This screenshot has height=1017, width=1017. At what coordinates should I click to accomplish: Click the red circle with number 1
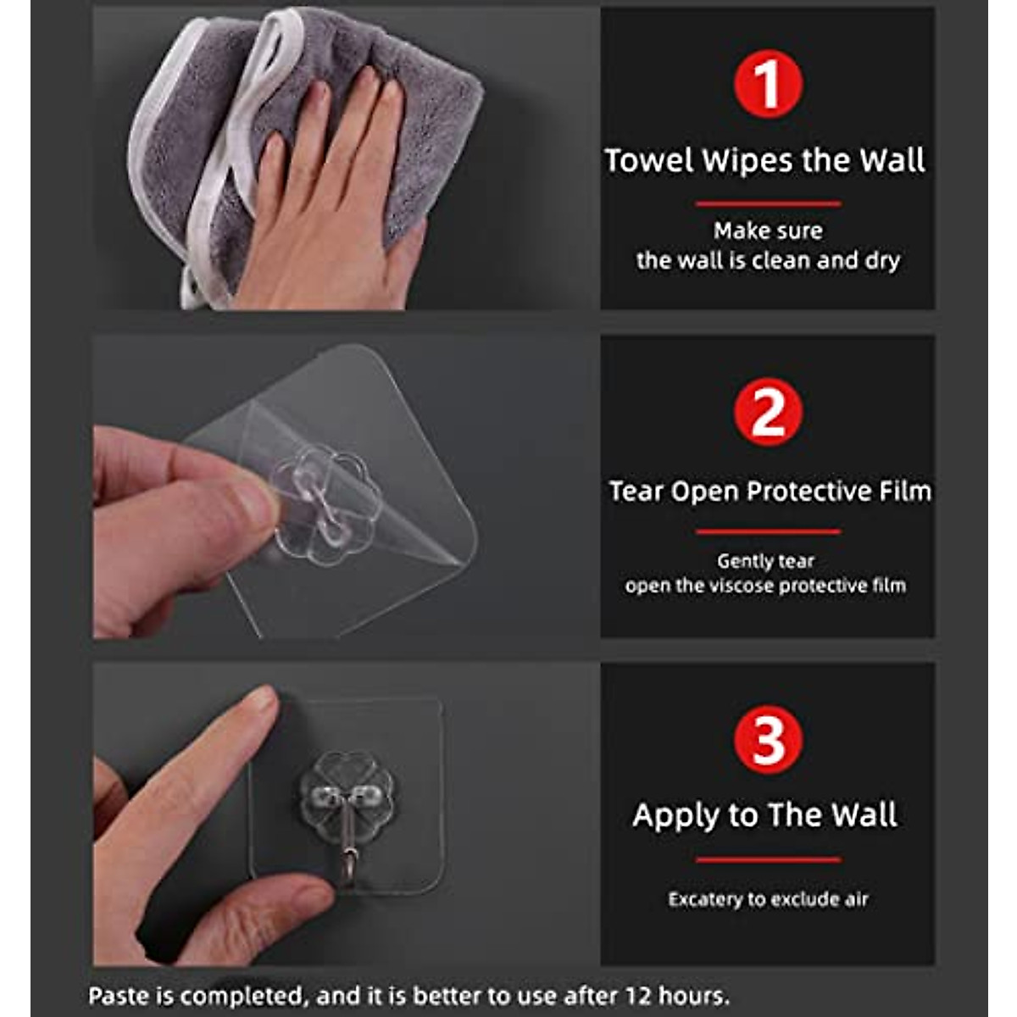[x=768, y=84]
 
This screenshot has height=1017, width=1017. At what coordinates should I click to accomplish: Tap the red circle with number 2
[x=768, y=412]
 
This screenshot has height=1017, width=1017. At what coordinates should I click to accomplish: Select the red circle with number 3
[x=768, y=739]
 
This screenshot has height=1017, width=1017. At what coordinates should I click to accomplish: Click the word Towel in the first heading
[x=649, y=160]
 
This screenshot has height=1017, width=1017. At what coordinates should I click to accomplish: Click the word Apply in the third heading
[x=674, y=815]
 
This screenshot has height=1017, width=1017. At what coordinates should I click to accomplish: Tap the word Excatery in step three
[x=704, y=899]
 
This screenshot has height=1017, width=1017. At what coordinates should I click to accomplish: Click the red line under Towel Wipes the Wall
[x=768, y=203]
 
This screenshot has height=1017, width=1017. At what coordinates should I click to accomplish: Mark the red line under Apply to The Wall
[x=768, y=859]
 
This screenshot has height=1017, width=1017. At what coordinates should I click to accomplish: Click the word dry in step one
[x=882, y=260]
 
